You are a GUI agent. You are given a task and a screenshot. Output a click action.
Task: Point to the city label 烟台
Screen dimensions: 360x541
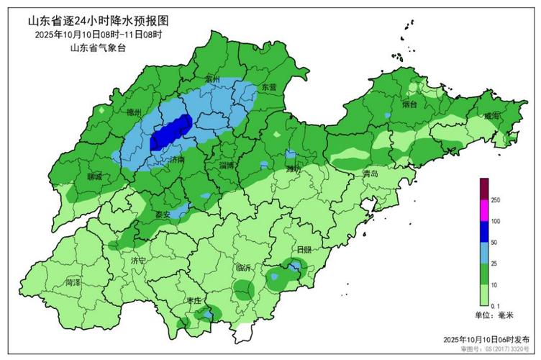click(x=409, y=105)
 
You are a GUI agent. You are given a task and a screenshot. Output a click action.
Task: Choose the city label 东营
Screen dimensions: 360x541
click(x=268, y=86)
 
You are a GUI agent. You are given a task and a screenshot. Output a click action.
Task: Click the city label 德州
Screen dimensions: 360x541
click(x=133, y=112)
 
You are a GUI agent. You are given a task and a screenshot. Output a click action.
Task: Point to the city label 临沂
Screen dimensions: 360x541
click(x=243, y=267)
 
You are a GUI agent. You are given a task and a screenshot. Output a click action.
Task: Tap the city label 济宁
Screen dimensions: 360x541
click(x=138, y=259)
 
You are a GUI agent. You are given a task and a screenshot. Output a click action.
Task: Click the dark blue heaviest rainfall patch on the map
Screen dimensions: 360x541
click(x=170, y=132)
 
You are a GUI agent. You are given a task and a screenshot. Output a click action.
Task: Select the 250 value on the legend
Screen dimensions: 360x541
click(x=496, y=199)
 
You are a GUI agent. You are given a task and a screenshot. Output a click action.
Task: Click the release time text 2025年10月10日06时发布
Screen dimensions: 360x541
click(x=486, y=339)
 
